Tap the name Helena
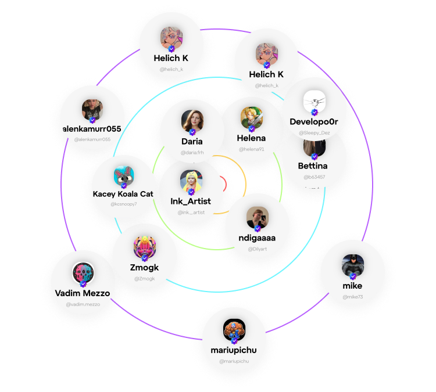click(x=251, y=138)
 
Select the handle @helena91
click(x=251, y=149)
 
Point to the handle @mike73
click(x=352, y=297)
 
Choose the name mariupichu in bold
click(x=234, y=350)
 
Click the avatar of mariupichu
click(x=234, y=330)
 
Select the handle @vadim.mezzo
click(x=83, y=304)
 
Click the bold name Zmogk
click(x=145, y=268)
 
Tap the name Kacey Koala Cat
click(x=123, y=194)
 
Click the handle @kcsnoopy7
click(x=123, y=204)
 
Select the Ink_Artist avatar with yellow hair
click(x=191, y=181)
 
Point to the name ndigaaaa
click(x=257, y=238)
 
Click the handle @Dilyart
click(x=257, y=249)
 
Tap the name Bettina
click(x=313, y=166)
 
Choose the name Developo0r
click(x=314, y=122)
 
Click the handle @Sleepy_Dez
click(x=315, y=133)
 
